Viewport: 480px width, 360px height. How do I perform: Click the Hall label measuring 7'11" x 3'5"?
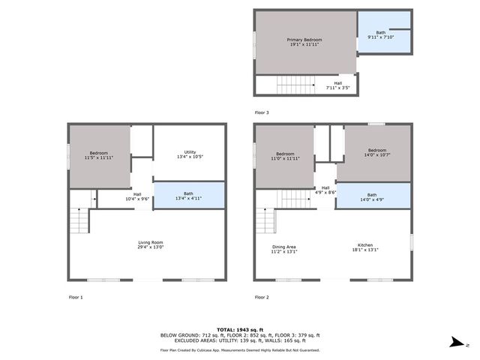tap(338, 86)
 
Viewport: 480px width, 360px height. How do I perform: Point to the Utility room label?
tap(189, 154)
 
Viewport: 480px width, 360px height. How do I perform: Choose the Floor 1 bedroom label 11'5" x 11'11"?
tap(99, 155)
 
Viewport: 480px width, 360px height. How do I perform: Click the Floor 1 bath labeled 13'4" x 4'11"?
tap(189, 194)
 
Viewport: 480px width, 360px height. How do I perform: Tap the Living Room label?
tap(151, 244)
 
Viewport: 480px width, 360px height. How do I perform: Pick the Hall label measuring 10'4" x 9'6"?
tap(137, 197)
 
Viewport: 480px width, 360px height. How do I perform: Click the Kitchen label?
tap(365, 248)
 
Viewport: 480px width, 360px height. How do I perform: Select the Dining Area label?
tap(284, 248)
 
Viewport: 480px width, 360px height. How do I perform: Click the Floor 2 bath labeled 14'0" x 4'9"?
tap(372, 197)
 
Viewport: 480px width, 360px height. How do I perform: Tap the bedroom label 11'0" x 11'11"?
tap(284, 155)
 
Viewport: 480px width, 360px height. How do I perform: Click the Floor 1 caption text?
tap(76, 297)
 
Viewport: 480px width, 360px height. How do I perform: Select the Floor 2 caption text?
tap(261, 297)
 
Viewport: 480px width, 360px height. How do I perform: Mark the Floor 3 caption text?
tap(261, 112)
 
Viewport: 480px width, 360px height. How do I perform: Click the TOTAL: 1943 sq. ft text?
tap(240, 329)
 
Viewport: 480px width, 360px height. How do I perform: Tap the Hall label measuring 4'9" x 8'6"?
tap(325, 190)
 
